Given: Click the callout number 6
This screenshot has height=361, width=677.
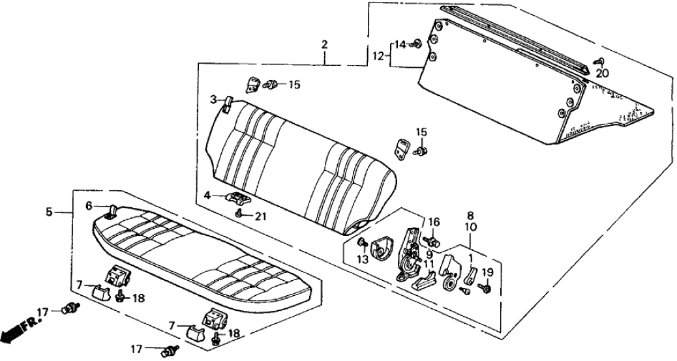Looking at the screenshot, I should click(89, 205).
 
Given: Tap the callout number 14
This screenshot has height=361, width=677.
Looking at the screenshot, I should click(399, 44).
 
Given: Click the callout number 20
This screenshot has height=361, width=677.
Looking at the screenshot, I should click(602, 73).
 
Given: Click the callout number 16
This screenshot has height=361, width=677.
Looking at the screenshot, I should click(434, 222).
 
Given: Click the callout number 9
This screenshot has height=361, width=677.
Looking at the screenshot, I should click(429, 254).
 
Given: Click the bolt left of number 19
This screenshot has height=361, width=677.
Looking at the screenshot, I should click(485, 287).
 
